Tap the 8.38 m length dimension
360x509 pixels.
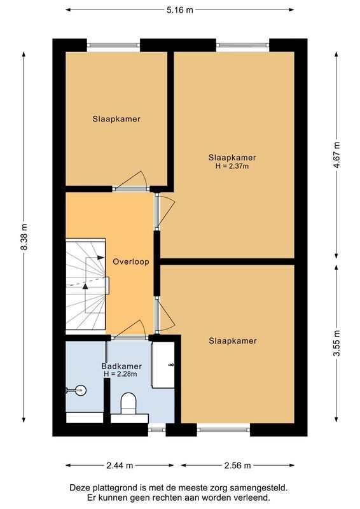24,237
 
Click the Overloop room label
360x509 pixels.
131,261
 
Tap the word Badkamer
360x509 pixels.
121,366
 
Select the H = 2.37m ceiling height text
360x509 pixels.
232,166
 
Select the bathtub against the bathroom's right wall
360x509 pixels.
163,365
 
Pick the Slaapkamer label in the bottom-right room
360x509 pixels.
232,341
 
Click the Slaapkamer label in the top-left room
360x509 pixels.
116,119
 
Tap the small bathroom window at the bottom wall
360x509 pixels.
156,429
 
